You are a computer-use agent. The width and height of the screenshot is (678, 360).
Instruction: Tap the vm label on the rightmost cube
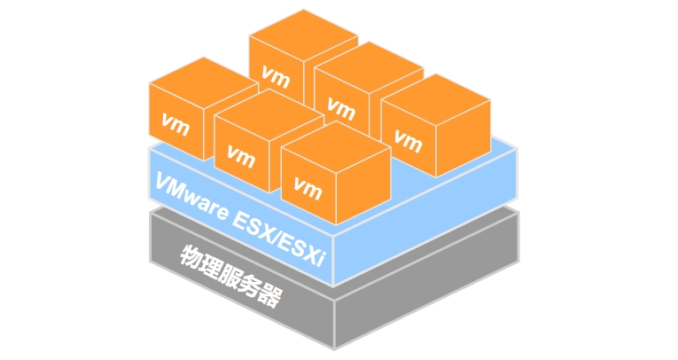tap(409, 139)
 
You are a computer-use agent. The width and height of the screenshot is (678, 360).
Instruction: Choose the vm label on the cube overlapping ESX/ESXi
tap(308, 187)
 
